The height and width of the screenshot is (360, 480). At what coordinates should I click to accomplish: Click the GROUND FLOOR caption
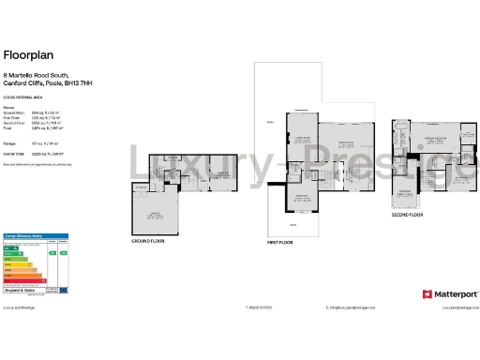click(x=147, y=242)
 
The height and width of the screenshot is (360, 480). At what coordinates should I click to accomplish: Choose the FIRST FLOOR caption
click(x=280, y=243)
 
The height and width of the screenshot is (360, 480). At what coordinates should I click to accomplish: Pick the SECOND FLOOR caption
click(x=407, y=216)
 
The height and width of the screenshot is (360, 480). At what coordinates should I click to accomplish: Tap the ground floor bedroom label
click(x=223, y=174)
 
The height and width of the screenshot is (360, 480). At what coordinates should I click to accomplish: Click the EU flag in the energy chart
click(x=63, y=291)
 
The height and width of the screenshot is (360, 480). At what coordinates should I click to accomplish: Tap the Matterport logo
click(x=451, y=294)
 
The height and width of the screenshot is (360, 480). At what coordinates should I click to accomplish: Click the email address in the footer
click(x=351, y=307)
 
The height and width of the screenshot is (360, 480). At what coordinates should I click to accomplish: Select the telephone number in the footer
click(x=256, y=307)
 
